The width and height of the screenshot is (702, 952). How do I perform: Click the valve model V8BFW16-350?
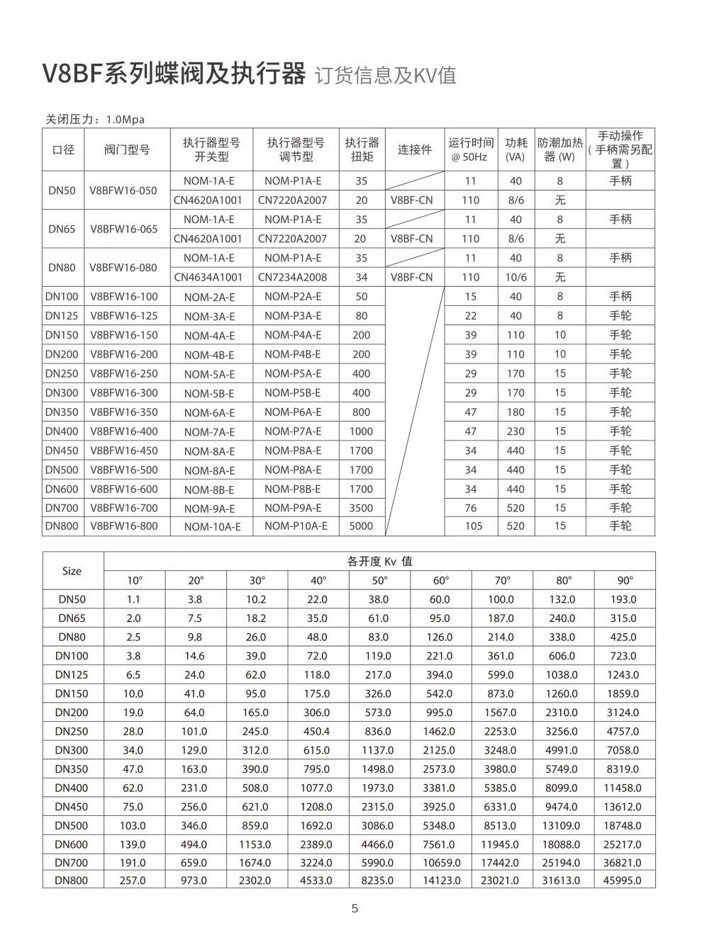pyautogui.click(x=124, y=412)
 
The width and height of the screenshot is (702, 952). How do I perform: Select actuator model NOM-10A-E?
pyautogui.click(x=212, y=527)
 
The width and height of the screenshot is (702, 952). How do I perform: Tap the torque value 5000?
pyautogui.click(x=362, y=526)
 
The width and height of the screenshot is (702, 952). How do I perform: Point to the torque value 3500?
pyautogui.click(x=362, y=508)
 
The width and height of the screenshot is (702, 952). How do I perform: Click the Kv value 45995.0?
pyautogui.click(x=624, y=881)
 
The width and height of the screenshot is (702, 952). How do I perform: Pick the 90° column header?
pyautogui.click(x=624, y=581)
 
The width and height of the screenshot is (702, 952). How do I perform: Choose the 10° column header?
pyautogui.click(x=134, y=581)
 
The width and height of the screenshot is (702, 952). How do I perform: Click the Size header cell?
pyautogui.click(x=72, y=571)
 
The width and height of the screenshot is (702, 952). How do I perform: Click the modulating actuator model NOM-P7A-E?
pyautogui.click(x=293, y=431)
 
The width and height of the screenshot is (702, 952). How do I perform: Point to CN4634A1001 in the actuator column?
pyautogui.click(x=208, y=278)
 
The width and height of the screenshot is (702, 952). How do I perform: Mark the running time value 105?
pyautogui.click(x=473, y=526)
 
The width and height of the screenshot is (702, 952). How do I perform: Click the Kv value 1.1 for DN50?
pyautogui.click(x=133, y=599)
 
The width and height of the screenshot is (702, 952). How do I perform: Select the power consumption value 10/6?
pyautogui.click(x=516, y=278)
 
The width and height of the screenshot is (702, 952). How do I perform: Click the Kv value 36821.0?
pyautogui.click(x=624, y=863)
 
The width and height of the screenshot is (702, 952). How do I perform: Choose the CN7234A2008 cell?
pyautogui.click(x=293, y=278)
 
